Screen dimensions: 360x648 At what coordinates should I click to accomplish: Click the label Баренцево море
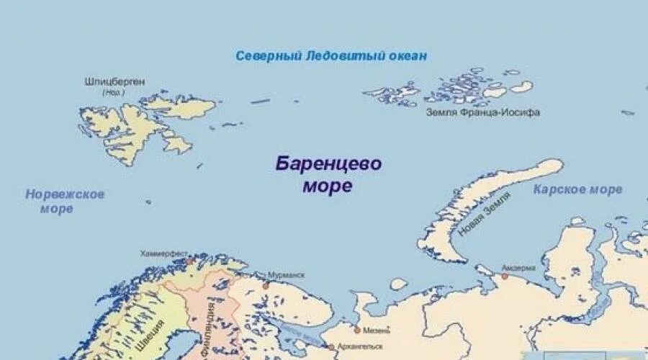click(328, 174)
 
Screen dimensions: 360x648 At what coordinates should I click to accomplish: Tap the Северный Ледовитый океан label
click(331, 55)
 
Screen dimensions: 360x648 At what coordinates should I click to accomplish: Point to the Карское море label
click(577, 190)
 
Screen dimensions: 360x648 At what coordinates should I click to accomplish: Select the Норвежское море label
click(65, 202)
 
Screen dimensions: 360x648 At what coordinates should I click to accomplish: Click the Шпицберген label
click(114, 82)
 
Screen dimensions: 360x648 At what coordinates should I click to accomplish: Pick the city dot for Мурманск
click(266, 285)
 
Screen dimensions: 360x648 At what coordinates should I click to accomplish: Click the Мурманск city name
click(286, 276)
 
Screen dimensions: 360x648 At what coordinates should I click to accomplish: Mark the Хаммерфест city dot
click(189, 261)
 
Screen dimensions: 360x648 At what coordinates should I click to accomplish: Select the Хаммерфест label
click(164, 253)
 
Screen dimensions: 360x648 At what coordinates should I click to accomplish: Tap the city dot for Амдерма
click(505, 276)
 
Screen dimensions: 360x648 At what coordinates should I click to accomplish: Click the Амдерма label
click(518, 268)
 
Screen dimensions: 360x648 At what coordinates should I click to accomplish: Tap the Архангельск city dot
click(332, 347)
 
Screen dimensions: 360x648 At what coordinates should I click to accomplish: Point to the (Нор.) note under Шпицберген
click(113, 93)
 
